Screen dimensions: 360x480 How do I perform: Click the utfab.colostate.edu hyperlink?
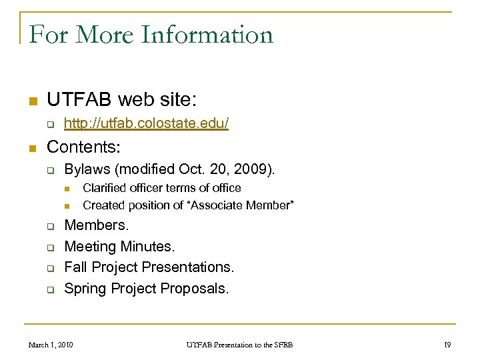[x=147, y=123]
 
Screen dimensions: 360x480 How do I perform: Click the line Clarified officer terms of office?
[x=162, y=188]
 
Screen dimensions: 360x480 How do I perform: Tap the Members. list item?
[x=96, y=225]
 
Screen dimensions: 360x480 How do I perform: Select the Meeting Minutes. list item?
[x=119, y=247]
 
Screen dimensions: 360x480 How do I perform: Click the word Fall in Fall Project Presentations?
[x=75, y=267]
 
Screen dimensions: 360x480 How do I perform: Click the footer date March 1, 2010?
[x=51, y=345]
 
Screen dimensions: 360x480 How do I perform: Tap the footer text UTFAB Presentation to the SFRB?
[x=238, y=345]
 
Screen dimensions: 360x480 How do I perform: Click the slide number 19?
[x=447, y=345]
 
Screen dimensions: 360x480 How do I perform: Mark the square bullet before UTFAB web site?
[x=31, y=102]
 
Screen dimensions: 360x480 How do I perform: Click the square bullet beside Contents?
[x=31, y=147]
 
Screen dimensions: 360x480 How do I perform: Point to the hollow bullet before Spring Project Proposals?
[x=50, y=289]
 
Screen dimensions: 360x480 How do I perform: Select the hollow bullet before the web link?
[x=50, y=124]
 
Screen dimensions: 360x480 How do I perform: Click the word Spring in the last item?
[x=85, y=289]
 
